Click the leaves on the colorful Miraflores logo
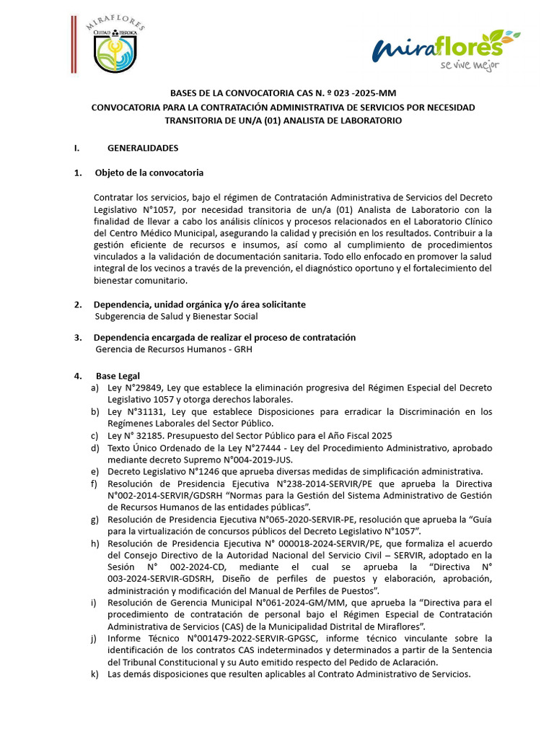[x=502, y=35]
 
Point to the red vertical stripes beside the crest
[x=74, y=44]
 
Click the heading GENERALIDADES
[x=143, y=148]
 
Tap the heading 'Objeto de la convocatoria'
[x=149, y=173]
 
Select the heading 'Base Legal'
[x=118, y=376]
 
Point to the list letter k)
[x=94, y=674]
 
